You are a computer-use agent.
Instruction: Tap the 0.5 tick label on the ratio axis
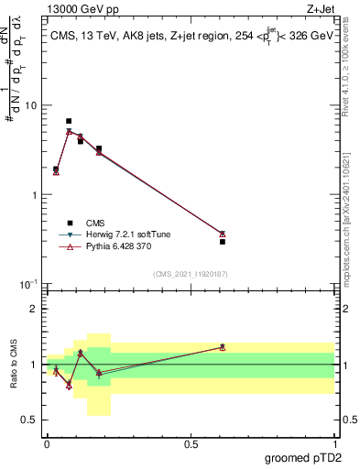[32, 420]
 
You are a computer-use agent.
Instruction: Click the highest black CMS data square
[69, 121]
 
